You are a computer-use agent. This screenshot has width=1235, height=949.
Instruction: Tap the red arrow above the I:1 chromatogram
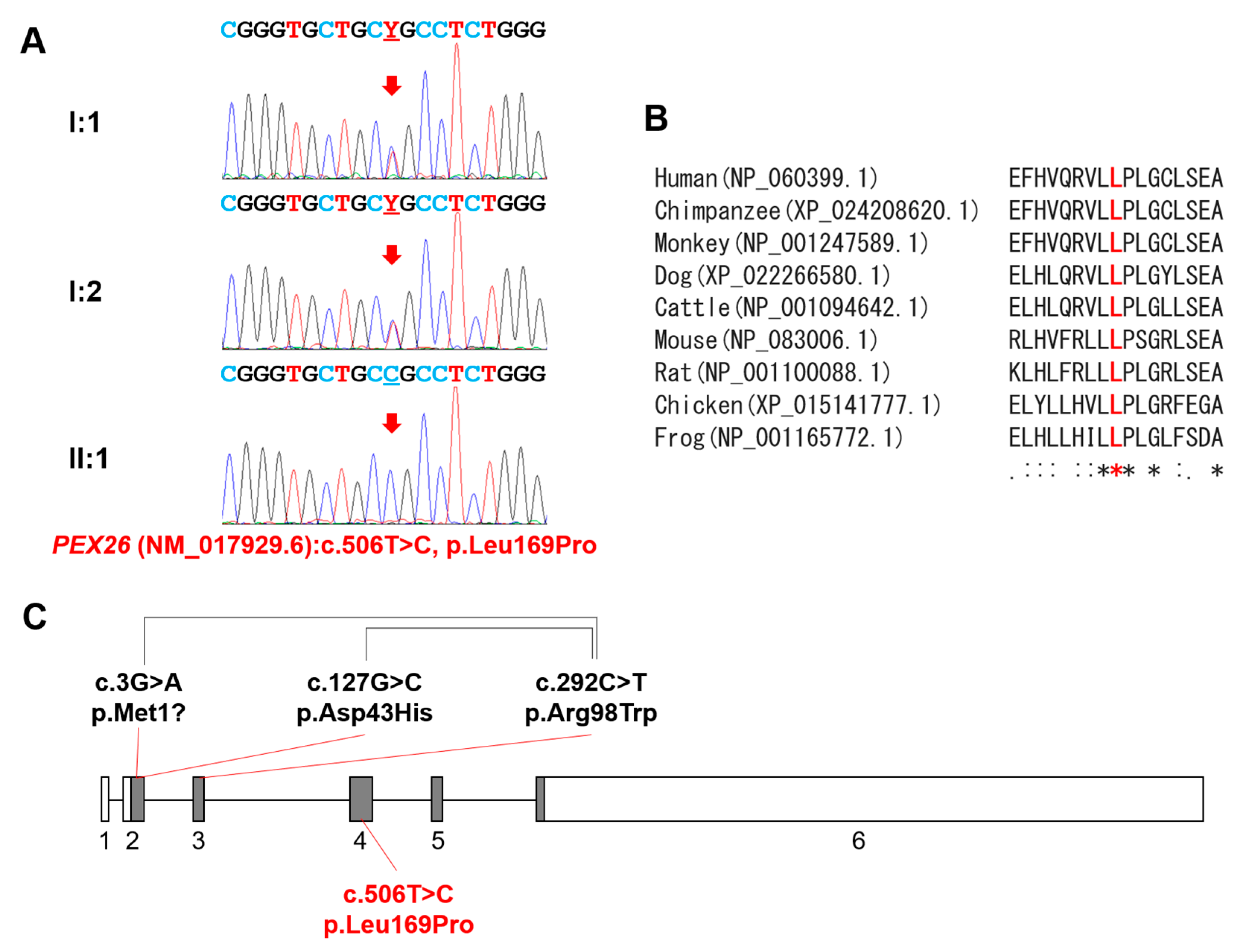click(x=392, y=86)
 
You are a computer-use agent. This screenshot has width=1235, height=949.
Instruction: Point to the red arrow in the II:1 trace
click(x=392, y=423)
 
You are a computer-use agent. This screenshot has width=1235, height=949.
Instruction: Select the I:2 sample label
click(x=85, y=292)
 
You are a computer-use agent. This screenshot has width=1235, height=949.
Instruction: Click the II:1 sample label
click(x=88, y=458)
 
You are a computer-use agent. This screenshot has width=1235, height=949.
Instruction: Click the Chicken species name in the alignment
click(x=698, y=405)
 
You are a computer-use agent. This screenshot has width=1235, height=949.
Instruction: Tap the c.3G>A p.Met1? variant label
click(x=139, y=698)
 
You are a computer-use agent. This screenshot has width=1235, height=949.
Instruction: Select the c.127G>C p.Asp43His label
click(x=365, y=698)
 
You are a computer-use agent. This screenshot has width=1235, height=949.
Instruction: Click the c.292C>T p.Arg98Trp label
click(x=591, y=698)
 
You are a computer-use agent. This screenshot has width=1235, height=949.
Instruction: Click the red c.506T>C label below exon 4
click(x=398, y=910)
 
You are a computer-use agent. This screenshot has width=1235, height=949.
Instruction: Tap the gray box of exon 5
click(x=437, y=799)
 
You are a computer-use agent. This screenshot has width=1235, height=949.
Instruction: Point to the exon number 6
click(x=858, y=841)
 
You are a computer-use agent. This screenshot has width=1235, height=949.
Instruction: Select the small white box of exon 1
click(x=105, y=799)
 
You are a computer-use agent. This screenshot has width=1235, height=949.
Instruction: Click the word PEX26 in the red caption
click(x=92, y=545)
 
